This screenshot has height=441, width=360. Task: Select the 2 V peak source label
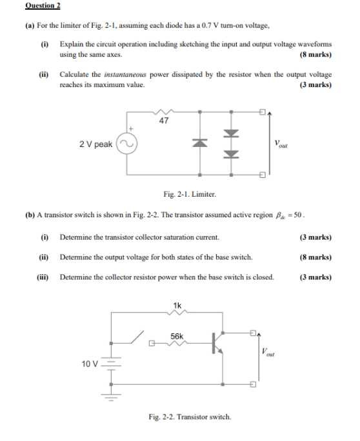click(95, 144)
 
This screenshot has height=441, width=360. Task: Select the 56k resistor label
click(177, 336)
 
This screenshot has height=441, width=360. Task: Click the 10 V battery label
click(90, 364)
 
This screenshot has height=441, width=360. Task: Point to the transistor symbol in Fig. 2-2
click(217, 344)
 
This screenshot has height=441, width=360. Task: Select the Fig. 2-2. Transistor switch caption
click(189, 417)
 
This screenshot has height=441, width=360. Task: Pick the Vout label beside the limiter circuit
click(281, 144)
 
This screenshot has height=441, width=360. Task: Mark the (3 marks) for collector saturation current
click(315, 237)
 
